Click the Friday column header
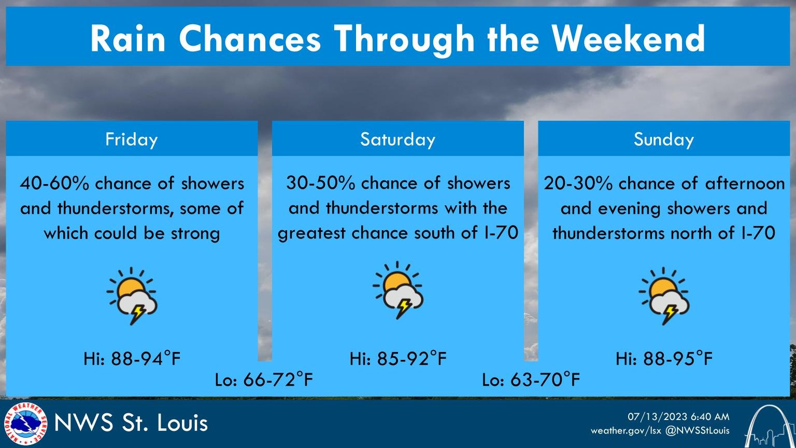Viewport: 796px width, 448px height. pyautogui.click(x=131, y=139)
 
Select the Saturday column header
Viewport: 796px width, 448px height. pyautogui.click(x=397, y=139)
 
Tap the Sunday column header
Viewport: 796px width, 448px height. pyautogui.click(x=663, y=139)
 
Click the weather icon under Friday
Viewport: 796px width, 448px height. pyautogui.click(x=132, y=296)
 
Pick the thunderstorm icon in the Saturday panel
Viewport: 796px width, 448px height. pyautogui.click(x=398, y=290)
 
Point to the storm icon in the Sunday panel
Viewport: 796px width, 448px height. pyautogui.click(x=664, y=296)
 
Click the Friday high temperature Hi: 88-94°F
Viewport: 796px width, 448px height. pyautogui.click(x=132, y=358)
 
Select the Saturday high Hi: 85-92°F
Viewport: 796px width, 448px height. pyautogui.click(x=398, y=358)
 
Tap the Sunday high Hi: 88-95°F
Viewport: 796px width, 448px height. pyautogui.click(x=664, y=358)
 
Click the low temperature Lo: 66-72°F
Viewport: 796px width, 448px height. pyautogui.click(x=264, y=380)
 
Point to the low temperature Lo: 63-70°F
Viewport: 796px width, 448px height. pyautogui.click(x=531, y=380)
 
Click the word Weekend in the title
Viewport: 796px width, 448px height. pyautogui.click(x=628, y=37)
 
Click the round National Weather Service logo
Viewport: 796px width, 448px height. pyautogui.click(x=25, y=424)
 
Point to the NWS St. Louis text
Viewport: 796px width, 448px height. pyautogui.click(x=131, y=423)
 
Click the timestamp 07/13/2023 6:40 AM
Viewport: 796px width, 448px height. pyautogui.click(x=678, y=416)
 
